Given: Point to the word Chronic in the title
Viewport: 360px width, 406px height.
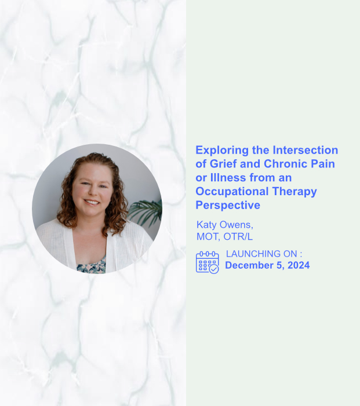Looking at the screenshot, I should pyautogui.click(x=286, y=164).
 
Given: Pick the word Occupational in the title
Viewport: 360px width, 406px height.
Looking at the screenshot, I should pyautogui.click(x=232, y=192).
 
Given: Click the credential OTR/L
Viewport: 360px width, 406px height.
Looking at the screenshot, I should pyautogui.click(x=239, y=237).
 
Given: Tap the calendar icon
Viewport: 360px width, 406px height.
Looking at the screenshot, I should pyautogui.click(x=207, y=262).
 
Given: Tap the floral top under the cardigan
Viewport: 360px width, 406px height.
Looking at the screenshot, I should pyautogui.click(x=92, y=265).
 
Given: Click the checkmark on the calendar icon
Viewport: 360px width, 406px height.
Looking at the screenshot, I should pyautogui.click(x=214, y=269).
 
